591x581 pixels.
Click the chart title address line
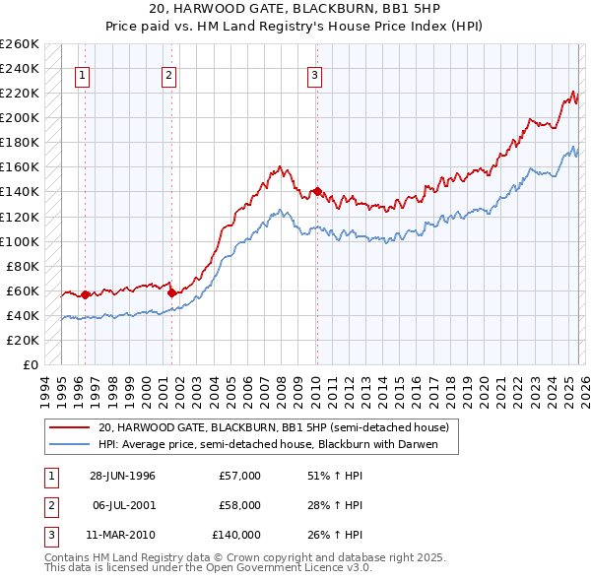pyautogui.click(x=295, y=10)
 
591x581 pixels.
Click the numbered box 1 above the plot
pyautogui.click(x=82, y=75)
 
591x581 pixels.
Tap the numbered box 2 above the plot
pyautogui.click(x=168, y=75)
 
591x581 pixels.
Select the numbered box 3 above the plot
pyautogui.click(x=314, y=75)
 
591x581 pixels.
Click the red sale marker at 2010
pyautogui.click(x=317, y=191)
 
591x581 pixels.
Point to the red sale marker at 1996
pyautogui.click(x=86, y=293)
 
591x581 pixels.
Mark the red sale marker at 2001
pyautogui.click(x=171, y=292)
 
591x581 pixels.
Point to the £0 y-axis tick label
pyautogui.click(x=32, y=364)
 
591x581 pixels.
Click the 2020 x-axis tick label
pyautogui.click(x=483, y=388)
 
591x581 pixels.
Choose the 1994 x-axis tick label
pyautogui.click(x=44, y=388)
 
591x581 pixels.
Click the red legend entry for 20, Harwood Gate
pyautogui.click(x=274, y=427)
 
